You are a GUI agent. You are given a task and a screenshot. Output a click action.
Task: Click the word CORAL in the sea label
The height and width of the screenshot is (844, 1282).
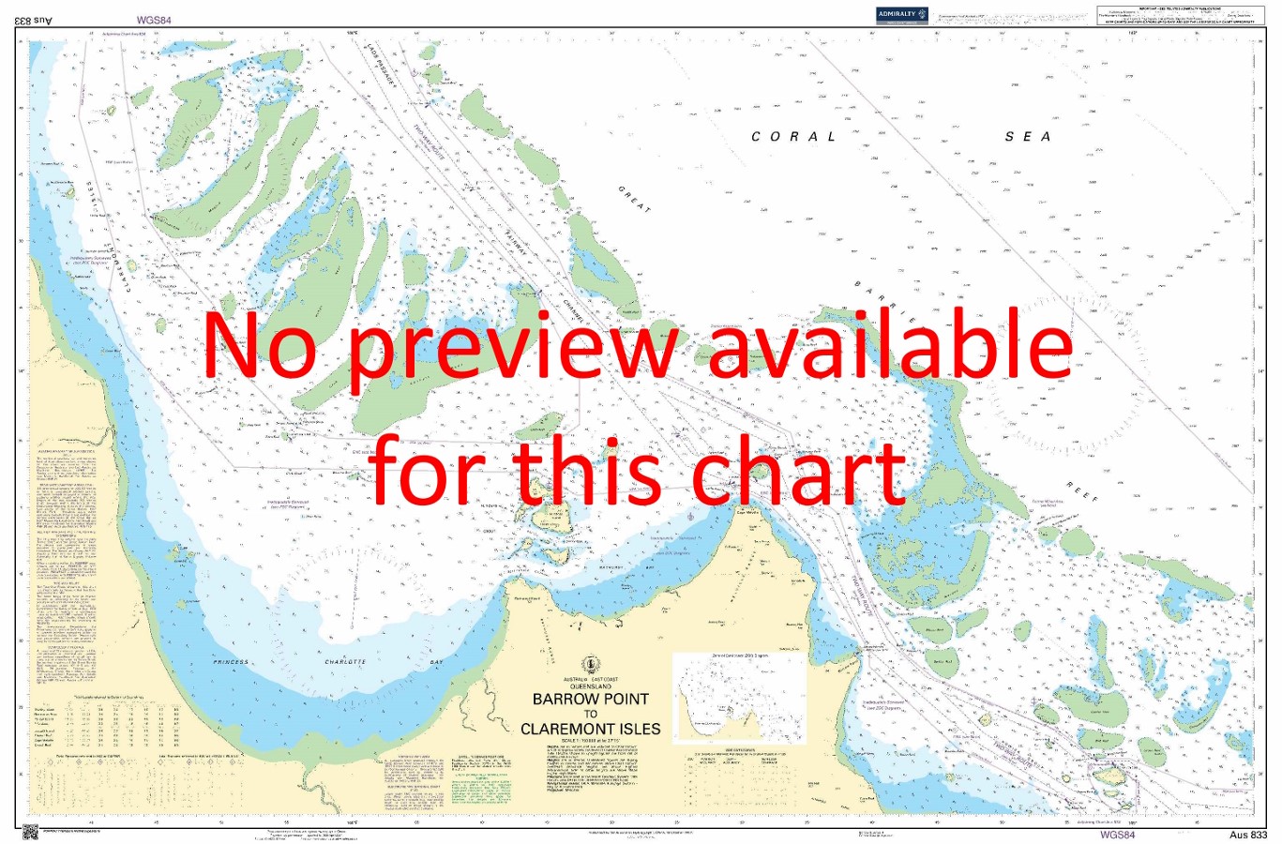tap(793, 137)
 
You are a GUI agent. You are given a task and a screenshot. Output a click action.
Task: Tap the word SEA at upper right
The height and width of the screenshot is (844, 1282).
tap(1028, 137)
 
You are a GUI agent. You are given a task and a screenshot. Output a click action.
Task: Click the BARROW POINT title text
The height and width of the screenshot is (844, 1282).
tap(590, 699)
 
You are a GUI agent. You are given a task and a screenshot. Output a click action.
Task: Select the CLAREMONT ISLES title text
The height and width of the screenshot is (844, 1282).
tap(590, 729)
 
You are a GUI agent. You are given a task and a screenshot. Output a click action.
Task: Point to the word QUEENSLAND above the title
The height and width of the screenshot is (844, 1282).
tap(590, 686)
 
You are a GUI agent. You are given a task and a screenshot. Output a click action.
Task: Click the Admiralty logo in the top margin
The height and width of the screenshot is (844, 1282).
tap(901, 14)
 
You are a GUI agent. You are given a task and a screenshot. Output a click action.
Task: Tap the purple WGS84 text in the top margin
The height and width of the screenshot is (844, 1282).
tap(154, 19)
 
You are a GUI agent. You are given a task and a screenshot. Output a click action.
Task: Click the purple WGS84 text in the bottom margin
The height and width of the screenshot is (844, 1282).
tap(1117, 834)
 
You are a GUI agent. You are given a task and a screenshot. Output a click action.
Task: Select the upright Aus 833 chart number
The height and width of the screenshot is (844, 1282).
tap(1248, 835)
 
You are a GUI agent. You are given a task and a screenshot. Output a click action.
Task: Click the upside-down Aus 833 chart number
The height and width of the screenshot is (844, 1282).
tap(38, 19)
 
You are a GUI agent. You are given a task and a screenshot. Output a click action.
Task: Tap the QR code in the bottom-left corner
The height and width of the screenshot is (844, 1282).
tap(30, 831)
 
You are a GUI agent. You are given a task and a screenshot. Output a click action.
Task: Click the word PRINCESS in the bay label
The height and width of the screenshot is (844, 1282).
tap(232, 662)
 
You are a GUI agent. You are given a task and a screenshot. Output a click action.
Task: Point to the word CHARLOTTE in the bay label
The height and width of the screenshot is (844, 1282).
tap(345, 662)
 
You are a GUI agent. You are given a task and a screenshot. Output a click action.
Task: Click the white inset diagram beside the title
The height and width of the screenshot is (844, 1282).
tap(738, 698)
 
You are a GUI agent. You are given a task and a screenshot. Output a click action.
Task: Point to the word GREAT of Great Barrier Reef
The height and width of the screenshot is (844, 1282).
tap(634, 199)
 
